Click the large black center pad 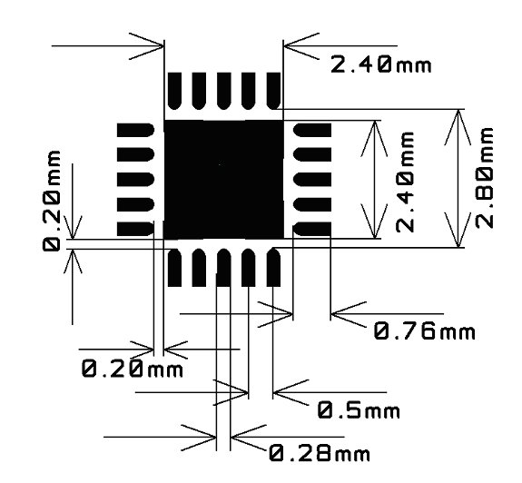coord(223,180)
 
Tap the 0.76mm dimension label coord(425,331)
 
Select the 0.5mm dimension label coord(359,410)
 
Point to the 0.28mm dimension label coord(320,453)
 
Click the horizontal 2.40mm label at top coord(381,64)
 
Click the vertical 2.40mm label coord(405,182)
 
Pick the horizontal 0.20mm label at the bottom coord(133,369)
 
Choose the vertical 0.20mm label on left coord(52,201)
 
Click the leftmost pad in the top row coord(175,91)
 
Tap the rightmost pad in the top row coord(273,91)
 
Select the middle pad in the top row coord(224,91)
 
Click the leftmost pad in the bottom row coord(175,268)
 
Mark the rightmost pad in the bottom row coord(273,268)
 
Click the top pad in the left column coord(135,130)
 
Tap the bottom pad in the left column coord(135,229)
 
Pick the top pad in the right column coord(312,130)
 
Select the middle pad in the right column coord(312,180)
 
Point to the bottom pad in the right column coord(312,229)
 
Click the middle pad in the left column coord(135,180)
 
